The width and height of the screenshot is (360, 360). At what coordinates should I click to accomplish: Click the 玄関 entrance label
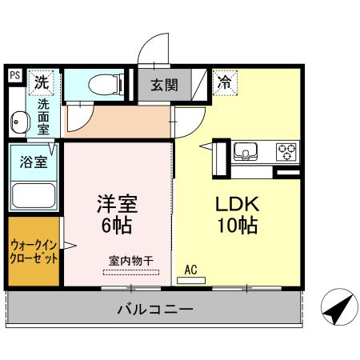click(165, 83)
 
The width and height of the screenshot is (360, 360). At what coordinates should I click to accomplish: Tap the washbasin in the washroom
click(18, 122)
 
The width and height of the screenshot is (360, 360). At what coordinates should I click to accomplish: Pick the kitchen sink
click(245, 150)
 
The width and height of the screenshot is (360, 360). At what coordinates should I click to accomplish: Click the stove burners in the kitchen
click(286, 150)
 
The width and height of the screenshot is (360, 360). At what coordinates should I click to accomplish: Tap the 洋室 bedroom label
click(117, 202)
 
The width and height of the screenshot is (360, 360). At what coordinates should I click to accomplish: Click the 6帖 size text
click(117, 226)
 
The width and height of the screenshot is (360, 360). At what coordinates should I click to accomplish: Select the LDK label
click(236, 202)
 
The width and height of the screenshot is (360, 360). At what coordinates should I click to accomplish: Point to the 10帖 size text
click(236, 226)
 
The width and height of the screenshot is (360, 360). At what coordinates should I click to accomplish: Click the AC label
click(191, 270)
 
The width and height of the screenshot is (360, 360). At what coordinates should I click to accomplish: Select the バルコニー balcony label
click(155, 308)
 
